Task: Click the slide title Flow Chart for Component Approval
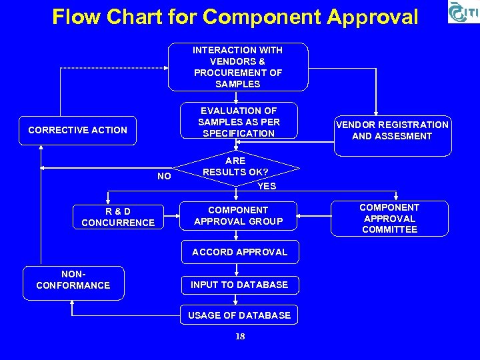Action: click(235, 17)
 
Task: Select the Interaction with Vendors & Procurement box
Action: click(238, 67)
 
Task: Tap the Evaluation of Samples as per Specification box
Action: click(238, 122)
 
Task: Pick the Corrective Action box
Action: click(77, 130)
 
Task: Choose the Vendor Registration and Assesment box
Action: click(392, 131)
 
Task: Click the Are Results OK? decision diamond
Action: click(235, 167)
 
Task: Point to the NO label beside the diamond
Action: click(164, 177)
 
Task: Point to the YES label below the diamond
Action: click(267, 186)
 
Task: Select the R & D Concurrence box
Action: click(118, 217)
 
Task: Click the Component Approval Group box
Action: click(238, 215)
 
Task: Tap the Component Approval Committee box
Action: click(389, 218)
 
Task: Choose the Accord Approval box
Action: click(239, 252)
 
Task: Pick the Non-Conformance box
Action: click(73, 279)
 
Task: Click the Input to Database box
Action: click(239, 285)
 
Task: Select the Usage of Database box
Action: click(239, 315)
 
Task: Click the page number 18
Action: click(240, 337)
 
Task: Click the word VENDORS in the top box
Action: click(238, 61)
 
